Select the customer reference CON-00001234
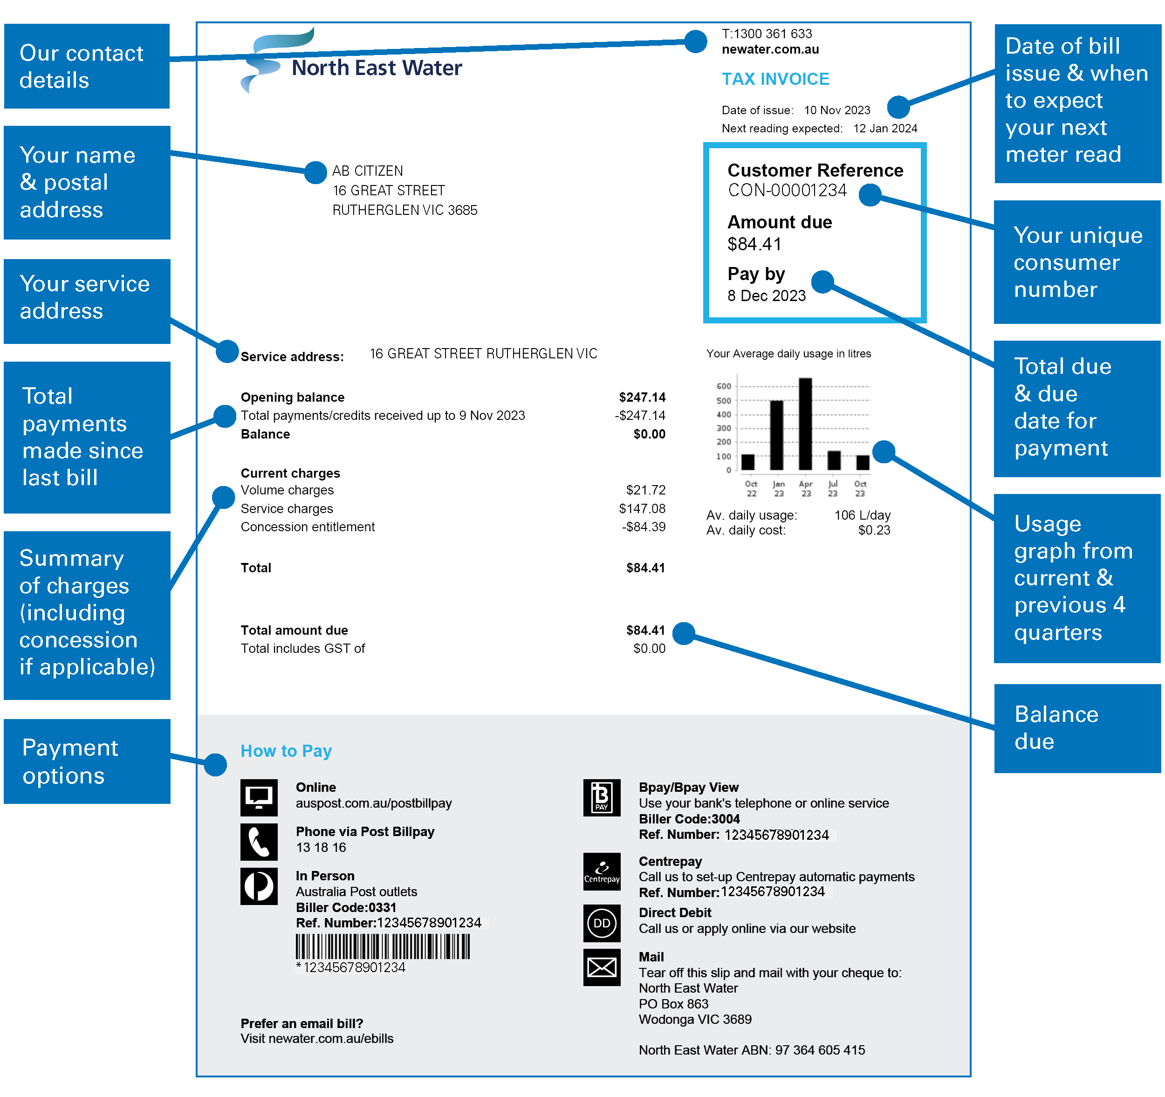coord(787,191)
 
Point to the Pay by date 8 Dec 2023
coord(766,296)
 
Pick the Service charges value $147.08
coord(642,508)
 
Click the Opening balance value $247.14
coord(642,398)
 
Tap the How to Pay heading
coord(286,751)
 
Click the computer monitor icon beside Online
coord(259,797)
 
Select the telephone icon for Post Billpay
coord(259,842)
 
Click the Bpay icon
coord(601,797)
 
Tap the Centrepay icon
coord(601,871)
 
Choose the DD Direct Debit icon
coord(601,923)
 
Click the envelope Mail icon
coord(601,967)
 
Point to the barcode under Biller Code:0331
coord(383,946)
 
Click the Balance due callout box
coord(1076,728)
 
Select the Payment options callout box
coord(87,761)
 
